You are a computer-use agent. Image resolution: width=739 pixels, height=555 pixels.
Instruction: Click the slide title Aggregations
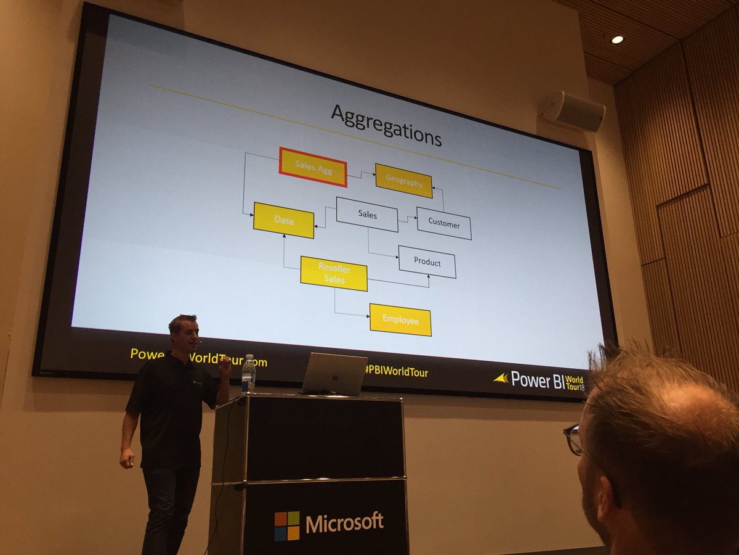coord(386,126)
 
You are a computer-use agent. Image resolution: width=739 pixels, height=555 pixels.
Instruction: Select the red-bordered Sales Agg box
coord(313,166)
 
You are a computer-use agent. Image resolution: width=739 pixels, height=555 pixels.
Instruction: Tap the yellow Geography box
coord(404,181)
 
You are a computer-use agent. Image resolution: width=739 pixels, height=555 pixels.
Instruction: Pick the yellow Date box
coord(284,220)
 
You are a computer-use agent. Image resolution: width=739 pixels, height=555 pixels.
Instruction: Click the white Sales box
coord(367,215)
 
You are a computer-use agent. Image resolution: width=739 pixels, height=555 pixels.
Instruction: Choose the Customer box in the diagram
coord(444,224)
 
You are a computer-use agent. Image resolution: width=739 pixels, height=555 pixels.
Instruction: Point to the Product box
coord(427,261)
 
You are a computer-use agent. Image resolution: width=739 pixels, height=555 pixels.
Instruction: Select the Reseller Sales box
coord(334,274)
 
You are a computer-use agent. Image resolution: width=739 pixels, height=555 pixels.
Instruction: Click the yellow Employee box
coord(400,319)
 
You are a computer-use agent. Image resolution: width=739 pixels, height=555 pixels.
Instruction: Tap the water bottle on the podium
coord(248,373)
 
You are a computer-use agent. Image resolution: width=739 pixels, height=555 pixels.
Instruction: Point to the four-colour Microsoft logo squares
coord(287,525)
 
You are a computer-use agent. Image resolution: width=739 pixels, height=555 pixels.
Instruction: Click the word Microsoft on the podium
coord(344,523)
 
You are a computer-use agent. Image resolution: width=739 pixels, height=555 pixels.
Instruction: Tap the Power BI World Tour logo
coord(539,380)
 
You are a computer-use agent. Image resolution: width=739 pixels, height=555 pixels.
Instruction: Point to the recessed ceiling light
coord(616,39)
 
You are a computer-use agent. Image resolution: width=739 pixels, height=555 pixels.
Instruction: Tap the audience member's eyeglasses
coord(576,440)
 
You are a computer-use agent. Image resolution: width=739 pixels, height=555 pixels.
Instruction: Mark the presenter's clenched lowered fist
coord(126,458)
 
